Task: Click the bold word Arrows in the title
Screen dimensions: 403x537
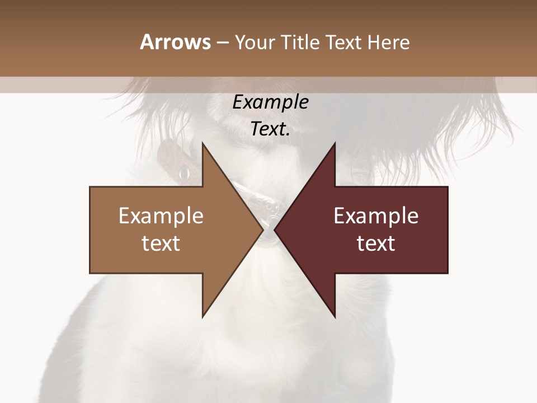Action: [x=175, y=42]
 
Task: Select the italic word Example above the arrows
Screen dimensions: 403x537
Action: [x=270, y=102]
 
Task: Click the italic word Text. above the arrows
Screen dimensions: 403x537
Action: [x=270, y=129]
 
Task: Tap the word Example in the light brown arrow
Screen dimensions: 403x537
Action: [x=161, y=216]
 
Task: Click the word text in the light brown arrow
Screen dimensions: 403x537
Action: [x=161, y=243]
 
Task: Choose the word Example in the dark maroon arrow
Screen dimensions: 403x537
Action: [x=376, y=216]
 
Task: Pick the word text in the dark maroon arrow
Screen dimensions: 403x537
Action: [x=376, y=243]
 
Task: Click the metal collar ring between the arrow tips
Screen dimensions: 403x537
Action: [x=268, y=236]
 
